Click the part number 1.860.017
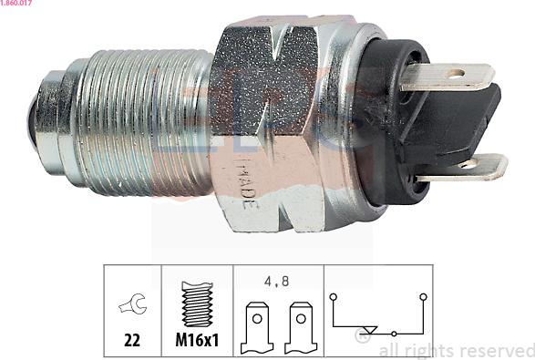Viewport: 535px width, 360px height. coord(19,5)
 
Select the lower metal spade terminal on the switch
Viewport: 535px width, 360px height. coord(461,168)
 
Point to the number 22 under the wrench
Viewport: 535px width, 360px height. coord(133,340)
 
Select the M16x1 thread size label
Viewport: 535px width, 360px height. coord(198,340)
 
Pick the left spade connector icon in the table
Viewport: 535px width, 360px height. coord(257,329)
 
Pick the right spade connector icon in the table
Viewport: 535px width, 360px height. coord(302,329)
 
